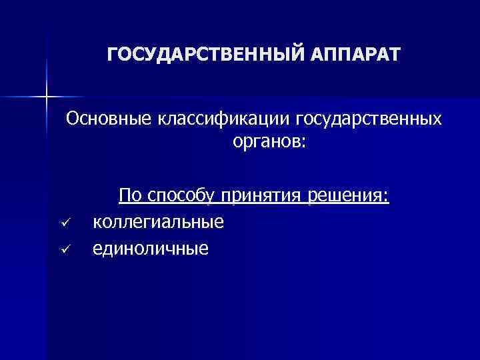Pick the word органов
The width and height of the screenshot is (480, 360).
tap(264, 143)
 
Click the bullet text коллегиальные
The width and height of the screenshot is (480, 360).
tap(159, 221)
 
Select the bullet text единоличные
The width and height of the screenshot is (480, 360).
tap(151, 248)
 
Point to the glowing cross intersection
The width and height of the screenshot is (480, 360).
tap(47, 97)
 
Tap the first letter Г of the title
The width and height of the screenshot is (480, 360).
tap(113, 53)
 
